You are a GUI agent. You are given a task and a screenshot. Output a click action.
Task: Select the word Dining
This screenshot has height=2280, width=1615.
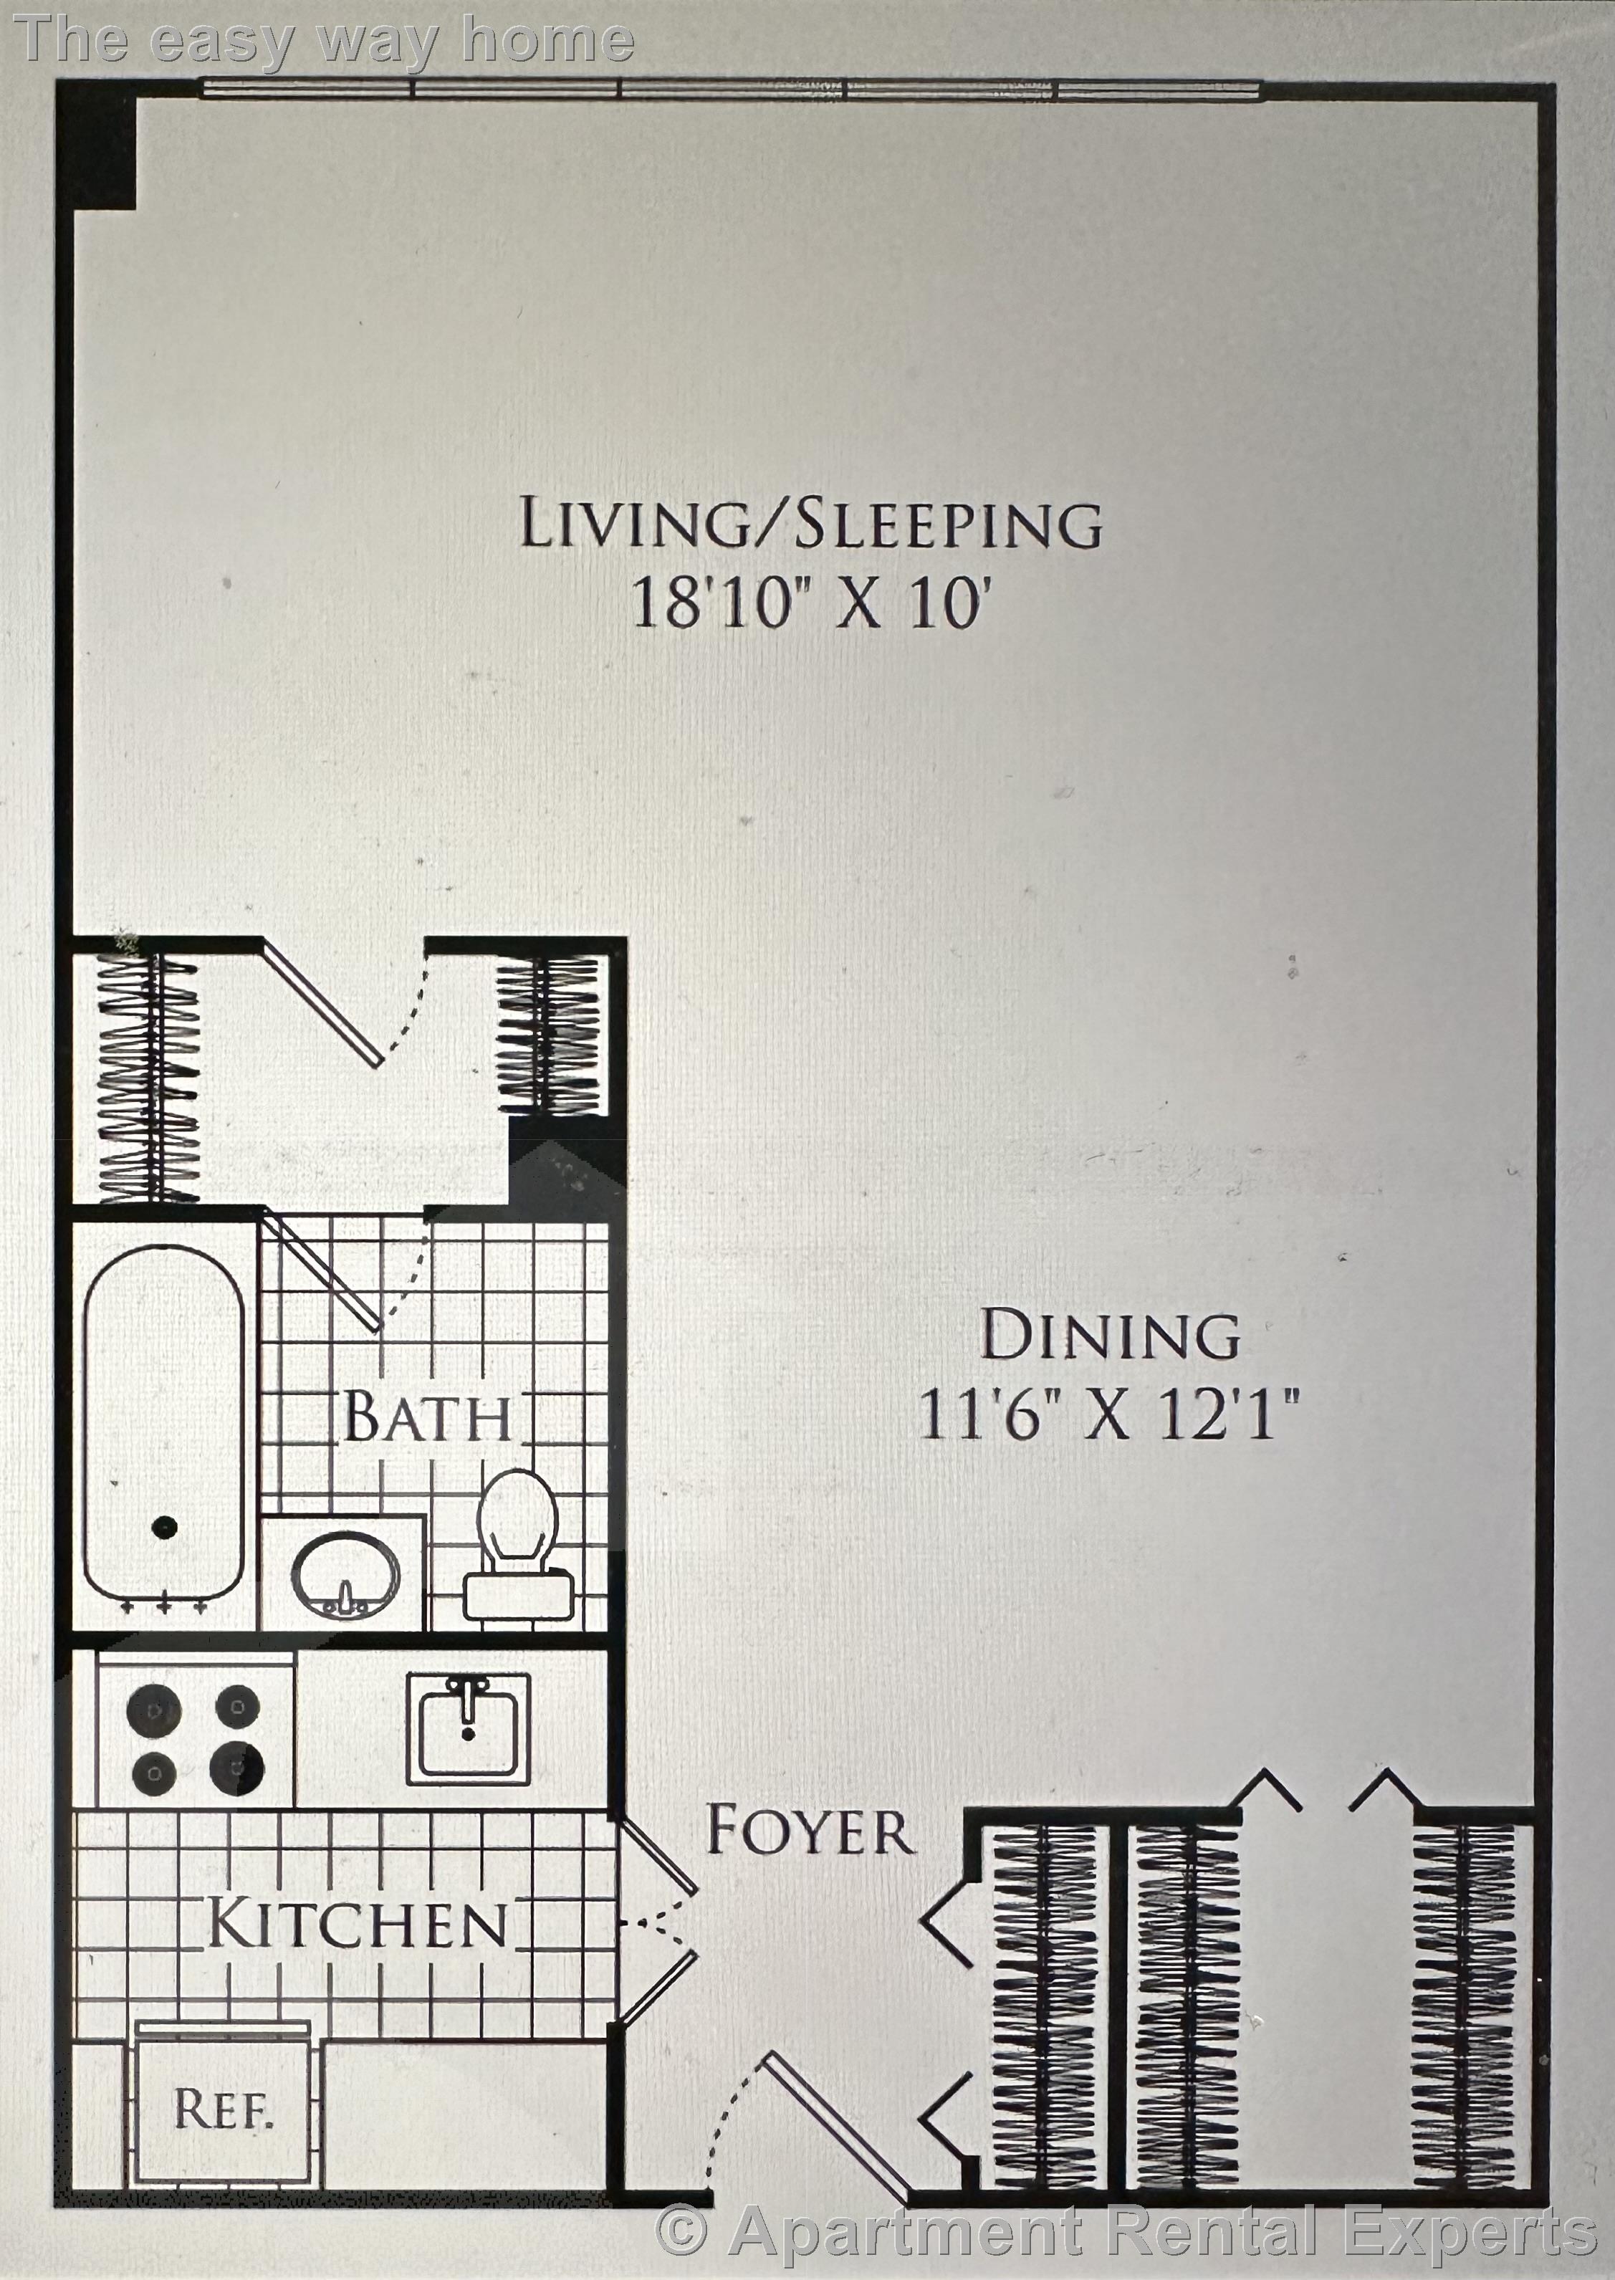point(1110,1336)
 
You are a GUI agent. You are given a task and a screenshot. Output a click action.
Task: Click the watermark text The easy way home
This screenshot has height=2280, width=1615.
point(324,40)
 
